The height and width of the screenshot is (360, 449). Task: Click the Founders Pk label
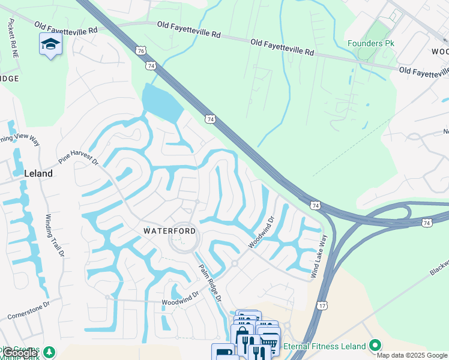(x=372, y=44)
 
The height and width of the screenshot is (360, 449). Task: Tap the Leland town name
(x=38, y=173)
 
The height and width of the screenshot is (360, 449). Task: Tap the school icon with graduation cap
(x=50, y=44)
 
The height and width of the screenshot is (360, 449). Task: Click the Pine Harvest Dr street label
(x=78, y=158)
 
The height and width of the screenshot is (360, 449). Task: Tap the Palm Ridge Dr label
(x=211, y=282)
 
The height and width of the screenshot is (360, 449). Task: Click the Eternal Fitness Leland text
(x=325, y=346)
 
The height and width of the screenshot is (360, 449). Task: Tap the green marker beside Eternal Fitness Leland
(x=376, y=346)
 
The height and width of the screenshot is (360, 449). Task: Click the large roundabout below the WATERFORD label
(x=184, y=242)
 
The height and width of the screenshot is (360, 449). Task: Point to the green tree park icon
(x=50, y=351)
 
